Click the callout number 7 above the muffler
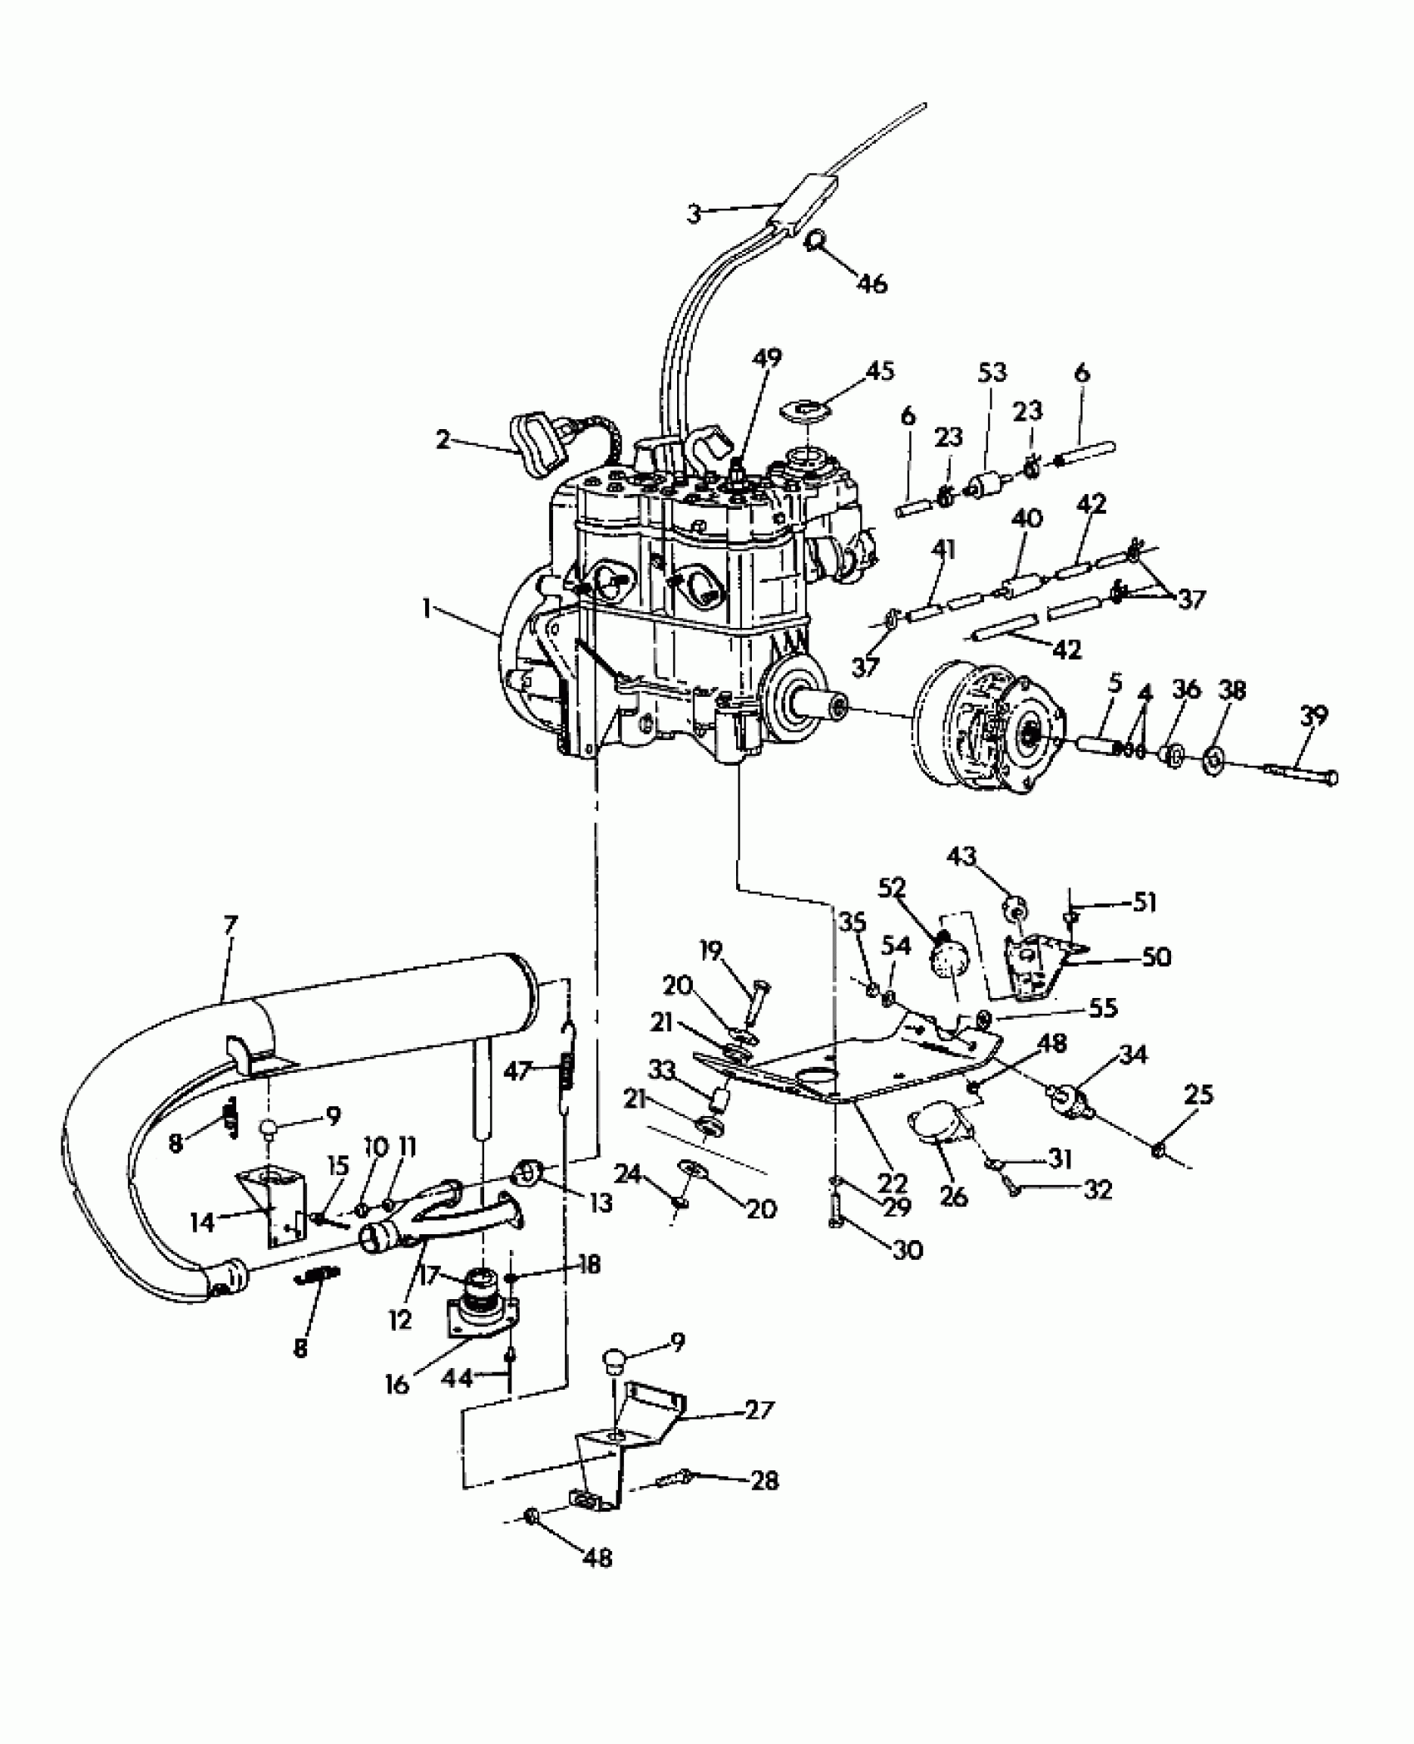[230, 924]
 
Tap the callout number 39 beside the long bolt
[1315, 716]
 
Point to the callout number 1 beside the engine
[427, 609]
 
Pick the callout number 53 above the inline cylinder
[992, 372]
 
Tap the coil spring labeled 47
[567, 1070]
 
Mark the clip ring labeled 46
[815, 241]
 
